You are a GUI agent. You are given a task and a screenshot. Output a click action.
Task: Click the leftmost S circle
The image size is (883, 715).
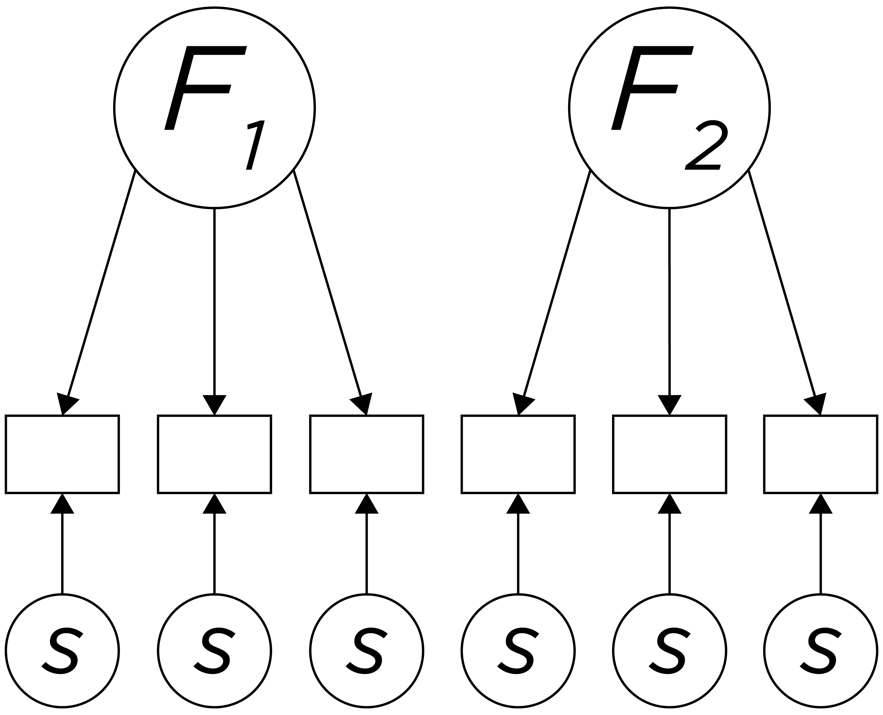[x=62, y=651]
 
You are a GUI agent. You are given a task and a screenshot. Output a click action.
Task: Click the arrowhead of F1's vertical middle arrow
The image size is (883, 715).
[x=214, y=405]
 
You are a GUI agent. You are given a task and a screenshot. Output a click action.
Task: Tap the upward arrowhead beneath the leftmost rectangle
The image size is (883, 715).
[x=62, y=505]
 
